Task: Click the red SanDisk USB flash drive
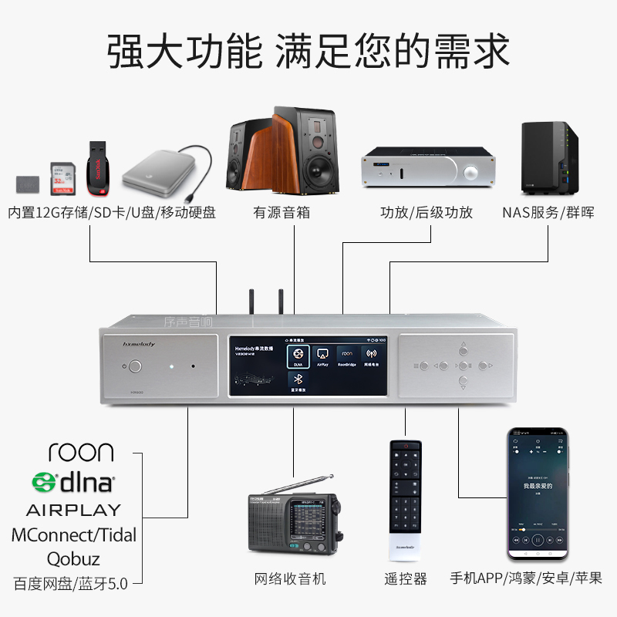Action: pos(98,165)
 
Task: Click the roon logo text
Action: pos(80,452)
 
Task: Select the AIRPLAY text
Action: pos(73,510)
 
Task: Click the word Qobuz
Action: pos(73,558)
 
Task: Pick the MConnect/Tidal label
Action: pos(73,534)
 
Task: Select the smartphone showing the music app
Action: pos(538,494)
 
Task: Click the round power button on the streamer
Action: pos(136,367)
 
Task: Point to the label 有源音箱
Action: pos(282,212)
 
